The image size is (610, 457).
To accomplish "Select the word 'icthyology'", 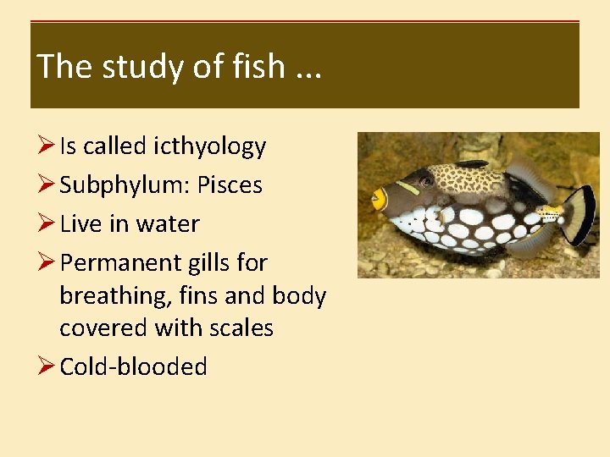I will click(209, 146).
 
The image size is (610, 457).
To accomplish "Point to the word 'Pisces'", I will click(230, 185).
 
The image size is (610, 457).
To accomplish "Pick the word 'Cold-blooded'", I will click(133, 366).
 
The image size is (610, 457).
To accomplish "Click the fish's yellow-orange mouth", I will click(379, 200).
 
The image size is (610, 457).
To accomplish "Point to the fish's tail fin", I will click(579, 213).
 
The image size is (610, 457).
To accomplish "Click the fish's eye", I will click(426, 180).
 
